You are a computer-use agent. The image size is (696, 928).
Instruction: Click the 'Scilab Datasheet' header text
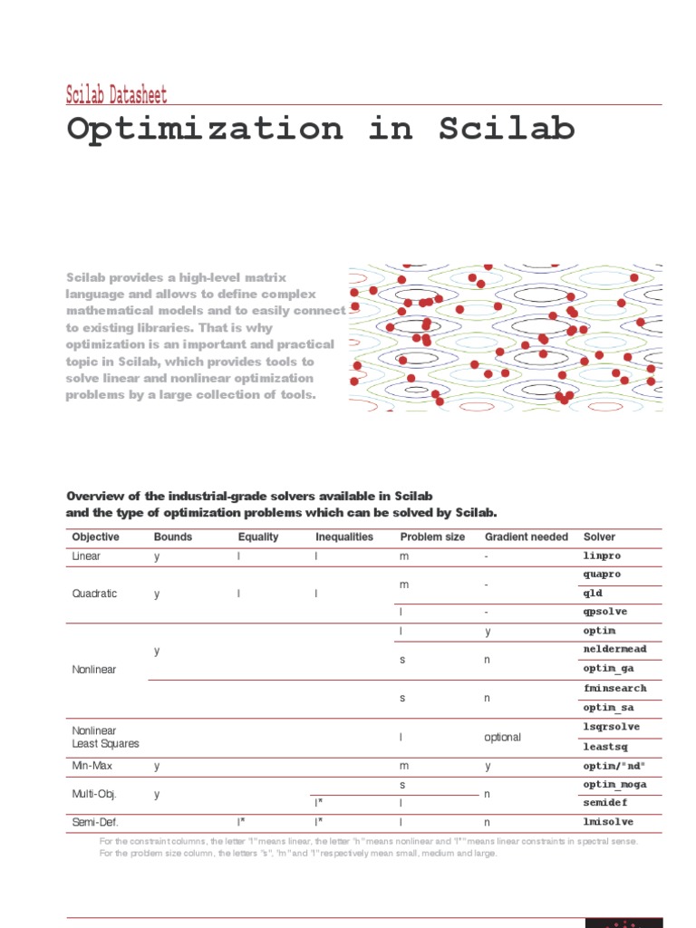116,94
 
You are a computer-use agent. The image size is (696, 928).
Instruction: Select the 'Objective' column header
95,536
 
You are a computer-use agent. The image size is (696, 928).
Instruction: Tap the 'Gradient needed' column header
527,536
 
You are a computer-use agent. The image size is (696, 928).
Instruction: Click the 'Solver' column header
599,536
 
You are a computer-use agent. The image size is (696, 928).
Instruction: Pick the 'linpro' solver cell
602,556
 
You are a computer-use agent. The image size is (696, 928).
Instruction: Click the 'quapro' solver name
603,575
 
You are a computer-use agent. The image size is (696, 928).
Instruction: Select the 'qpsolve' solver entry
604,612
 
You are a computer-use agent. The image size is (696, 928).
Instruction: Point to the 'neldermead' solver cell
614,650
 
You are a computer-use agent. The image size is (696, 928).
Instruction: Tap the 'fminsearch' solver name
614,688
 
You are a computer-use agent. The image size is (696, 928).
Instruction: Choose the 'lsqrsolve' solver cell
612,727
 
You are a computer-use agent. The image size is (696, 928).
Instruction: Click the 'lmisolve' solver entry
608,822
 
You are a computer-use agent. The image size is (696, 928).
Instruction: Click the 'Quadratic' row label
94,594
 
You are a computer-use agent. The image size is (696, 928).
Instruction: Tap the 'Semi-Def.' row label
94,822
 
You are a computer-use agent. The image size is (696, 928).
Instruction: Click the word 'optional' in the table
503,737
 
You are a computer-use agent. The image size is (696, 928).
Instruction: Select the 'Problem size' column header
432,536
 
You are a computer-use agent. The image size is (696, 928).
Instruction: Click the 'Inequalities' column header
343,536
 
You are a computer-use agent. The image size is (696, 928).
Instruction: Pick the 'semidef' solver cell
604,803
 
